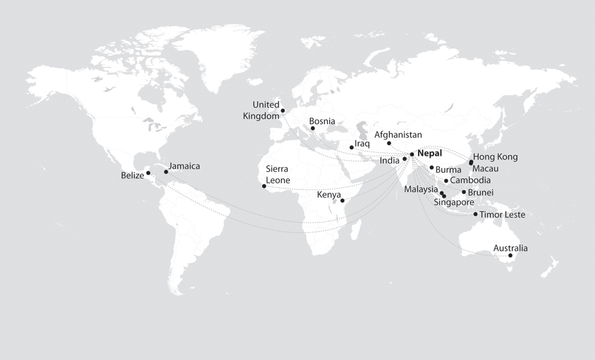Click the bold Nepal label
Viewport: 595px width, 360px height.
pos(430,154)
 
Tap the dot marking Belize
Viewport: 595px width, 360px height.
pos(148,173)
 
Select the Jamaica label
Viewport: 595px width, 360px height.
pos(184,166)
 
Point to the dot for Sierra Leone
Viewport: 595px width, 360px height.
pos(264,187)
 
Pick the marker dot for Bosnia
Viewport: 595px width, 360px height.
pos(312,128)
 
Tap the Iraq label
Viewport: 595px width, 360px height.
pos(362,143)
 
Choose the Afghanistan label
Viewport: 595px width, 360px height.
pos(398,135)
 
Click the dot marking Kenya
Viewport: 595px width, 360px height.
pos(342,201)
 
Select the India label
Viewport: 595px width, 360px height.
pos(390,160)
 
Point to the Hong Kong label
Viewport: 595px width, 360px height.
pos(495,157)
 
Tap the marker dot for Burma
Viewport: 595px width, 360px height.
pos(432,167)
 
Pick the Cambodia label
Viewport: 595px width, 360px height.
pos(471,180)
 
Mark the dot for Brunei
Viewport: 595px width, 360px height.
pos(463,192)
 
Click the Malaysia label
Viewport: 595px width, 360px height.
pos(421,189)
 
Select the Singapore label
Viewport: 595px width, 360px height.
pos(454,202)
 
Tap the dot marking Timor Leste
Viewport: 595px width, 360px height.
pos(475,214)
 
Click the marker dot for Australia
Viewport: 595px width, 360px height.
pos(511,256)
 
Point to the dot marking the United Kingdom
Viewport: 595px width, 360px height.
pos(283,111)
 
